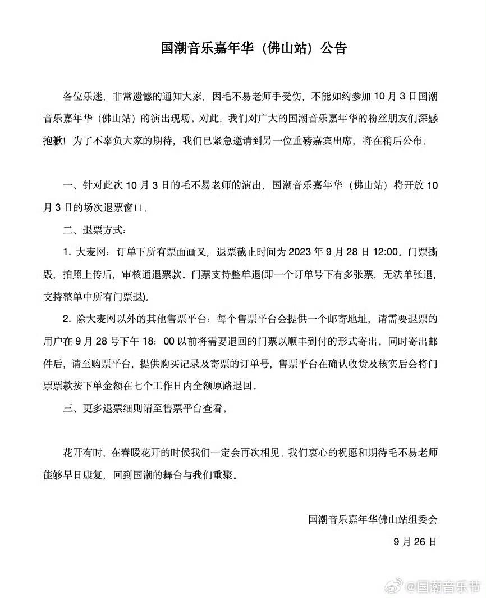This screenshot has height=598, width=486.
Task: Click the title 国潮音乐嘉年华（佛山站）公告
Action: [254, 48]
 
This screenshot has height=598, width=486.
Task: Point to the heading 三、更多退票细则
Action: [112, 409]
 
